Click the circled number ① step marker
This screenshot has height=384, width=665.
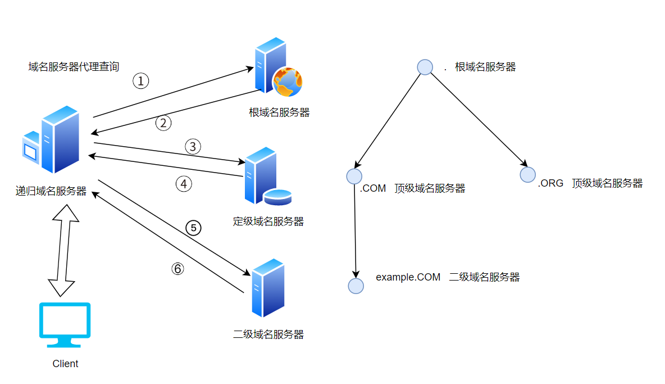[141, 81]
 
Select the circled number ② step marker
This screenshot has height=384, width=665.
[163, 123]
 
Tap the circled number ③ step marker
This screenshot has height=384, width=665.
[193, 147]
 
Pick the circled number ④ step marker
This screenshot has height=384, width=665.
[184, 184]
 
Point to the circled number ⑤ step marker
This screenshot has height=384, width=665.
[193, 228]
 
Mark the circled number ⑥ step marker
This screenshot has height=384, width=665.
[177, 269]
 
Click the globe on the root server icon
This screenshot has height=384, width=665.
[287, 82]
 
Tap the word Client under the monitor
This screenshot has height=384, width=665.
[65, 364]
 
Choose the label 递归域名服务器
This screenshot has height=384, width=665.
[51, 191]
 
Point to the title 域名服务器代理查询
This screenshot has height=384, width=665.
[74, 67]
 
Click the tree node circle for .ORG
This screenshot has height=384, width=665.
[527, 174]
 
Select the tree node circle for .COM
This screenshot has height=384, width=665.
[354, 176]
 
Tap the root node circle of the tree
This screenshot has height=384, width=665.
[425, 67]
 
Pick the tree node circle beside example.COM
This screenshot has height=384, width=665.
[356, 286]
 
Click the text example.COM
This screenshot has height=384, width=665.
[408, 277]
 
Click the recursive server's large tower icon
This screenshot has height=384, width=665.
[60, 139]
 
